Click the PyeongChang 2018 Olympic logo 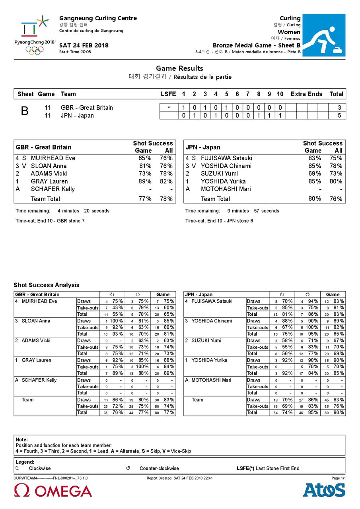35,35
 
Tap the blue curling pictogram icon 324,35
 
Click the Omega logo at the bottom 53,491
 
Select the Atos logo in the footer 324,490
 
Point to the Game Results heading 179,68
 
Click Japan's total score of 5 339,116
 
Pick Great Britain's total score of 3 339,108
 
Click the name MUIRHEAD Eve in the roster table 53,158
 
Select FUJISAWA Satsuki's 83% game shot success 314,158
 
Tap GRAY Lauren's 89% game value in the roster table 145,181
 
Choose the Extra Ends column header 306,94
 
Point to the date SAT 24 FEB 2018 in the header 84,45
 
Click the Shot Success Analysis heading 47,285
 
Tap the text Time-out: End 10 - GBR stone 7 50,221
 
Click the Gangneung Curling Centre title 98,18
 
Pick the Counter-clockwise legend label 159,468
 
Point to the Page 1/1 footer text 338,478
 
